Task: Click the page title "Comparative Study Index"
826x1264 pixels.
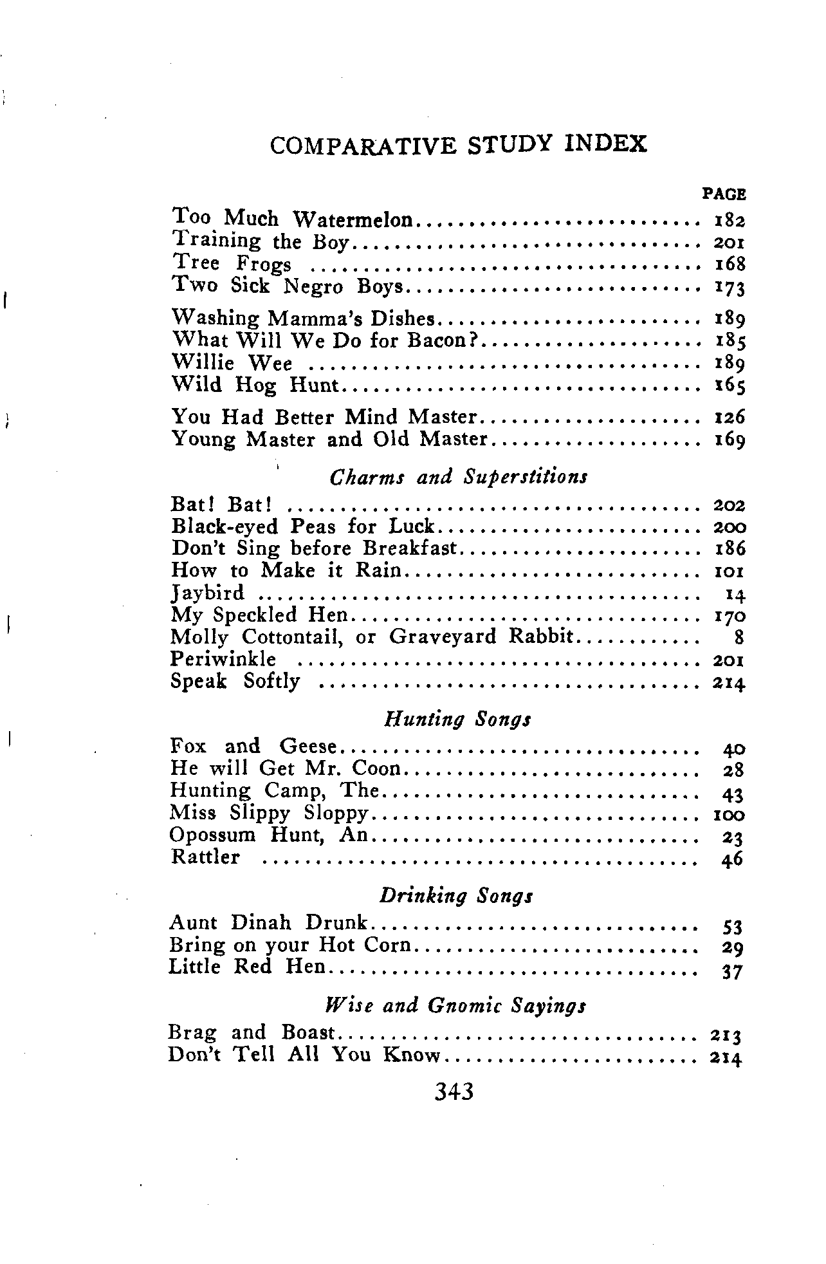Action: point(458,144)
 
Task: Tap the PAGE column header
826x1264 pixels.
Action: point(724,194)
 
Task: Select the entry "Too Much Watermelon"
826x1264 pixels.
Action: point(293,219)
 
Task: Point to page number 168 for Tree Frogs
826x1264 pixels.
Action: point(730,264)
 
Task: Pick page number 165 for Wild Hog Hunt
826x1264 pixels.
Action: point(730,386)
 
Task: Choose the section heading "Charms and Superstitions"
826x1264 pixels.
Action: point(458,477)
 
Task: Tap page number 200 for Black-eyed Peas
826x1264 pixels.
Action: point(730,528)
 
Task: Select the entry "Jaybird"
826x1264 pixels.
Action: point(208,593)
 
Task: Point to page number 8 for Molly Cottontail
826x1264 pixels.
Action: point(739,638)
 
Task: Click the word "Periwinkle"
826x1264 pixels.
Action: point(223,660)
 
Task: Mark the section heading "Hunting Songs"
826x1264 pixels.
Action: point(457,719)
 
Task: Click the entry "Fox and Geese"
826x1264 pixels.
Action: point(253,747)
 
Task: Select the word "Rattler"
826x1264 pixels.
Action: point(205,857)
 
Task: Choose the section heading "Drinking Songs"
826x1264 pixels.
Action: point(456,895)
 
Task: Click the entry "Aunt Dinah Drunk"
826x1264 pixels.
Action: point(268,923)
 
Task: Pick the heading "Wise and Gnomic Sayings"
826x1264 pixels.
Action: point(455,1005)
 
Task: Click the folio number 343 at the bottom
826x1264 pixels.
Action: point(454,1092)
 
